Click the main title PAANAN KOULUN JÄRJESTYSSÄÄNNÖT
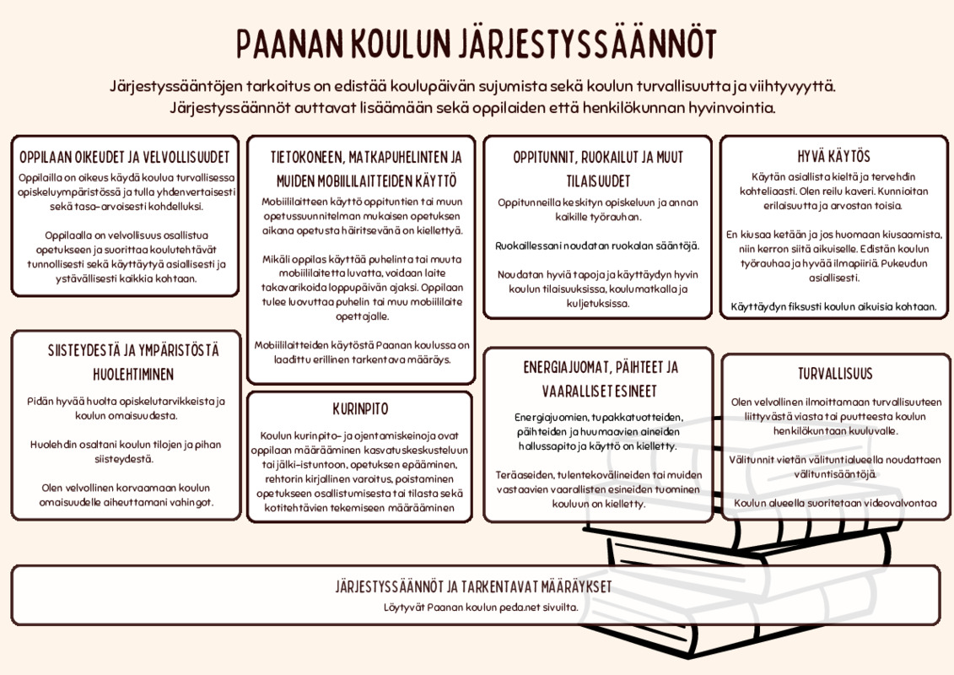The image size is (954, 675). tap(477, 44)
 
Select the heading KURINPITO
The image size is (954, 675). tap(360, 409)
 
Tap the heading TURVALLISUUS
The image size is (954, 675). tap(835, 374)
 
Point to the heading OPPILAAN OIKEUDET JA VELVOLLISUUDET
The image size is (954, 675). tap(125, 158)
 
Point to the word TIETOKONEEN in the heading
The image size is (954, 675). tap(305, 158)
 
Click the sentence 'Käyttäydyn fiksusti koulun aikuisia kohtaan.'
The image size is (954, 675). tap(834, 306)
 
